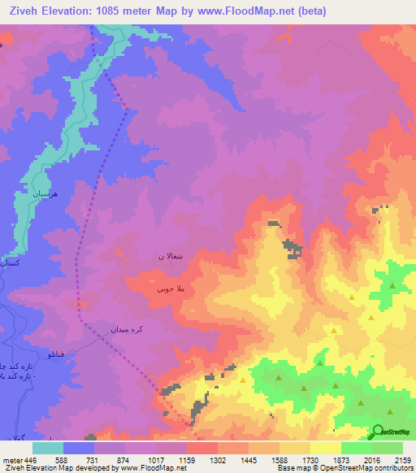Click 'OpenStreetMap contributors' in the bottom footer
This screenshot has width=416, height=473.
coord(375,468)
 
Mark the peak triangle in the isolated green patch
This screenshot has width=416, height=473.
coord(392,286)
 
